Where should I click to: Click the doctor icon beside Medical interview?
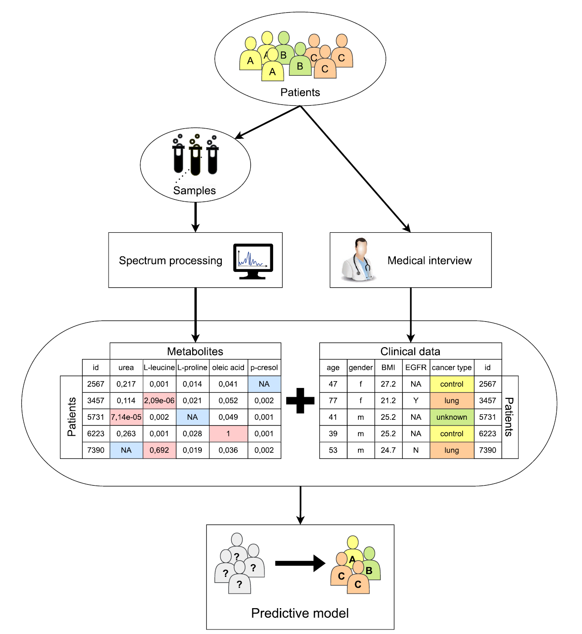(x=358, y=260)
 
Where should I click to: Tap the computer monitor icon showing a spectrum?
(x=253, y=261)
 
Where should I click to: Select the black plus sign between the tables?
(x=300, y=401)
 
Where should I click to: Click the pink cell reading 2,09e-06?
(x=159, y=401)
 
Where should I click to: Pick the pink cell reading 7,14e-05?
(x=126, y=417)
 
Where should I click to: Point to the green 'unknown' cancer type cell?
(x=452, y=417)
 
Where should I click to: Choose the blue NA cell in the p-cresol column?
(x=264, y=384)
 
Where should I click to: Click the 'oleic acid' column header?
(x=228, y=368)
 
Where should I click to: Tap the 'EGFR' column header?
(x=416, y=368)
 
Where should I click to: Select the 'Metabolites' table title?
(x=195, y=351)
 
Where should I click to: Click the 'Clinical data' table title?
(x=410, y=351)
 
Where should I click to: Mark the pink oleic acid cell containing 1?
(x=228, y=434)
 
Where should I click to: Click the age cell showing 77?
(x=333, y=401)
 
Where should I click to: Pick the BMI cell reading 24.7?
(x=388, y=450)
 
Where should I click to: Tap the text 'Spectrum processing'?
(x=170, y=260)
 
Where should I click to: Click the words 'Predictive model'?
(x=300, y=613)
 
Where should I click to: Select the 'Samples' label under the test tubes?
(x=194, y=191)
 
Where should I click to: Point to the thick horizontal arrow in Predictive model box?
(x=300, y=564)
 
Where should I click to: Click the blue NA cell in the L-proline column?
(x=192, y=417)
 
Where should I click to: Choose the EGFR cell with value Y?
(x=416, y=401)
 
